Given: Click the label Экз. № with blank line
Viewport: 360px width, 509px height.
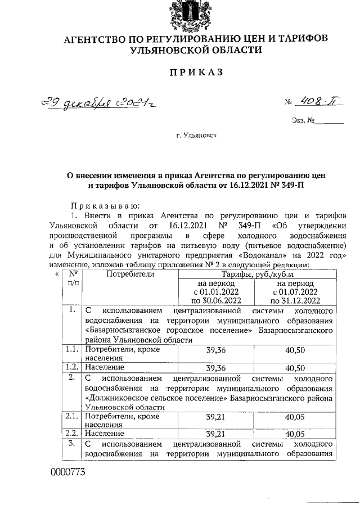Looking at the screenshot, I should (317, 119).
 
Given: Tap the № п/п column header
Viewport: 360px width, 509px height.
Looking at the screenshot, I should (73, 278).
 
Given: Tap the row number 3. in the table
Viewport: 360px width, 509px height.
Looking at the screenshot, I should (72, 444).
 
